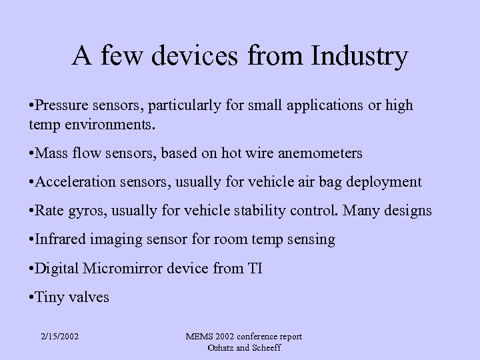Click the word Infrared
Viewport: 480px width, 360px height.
tap(60, 240)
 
